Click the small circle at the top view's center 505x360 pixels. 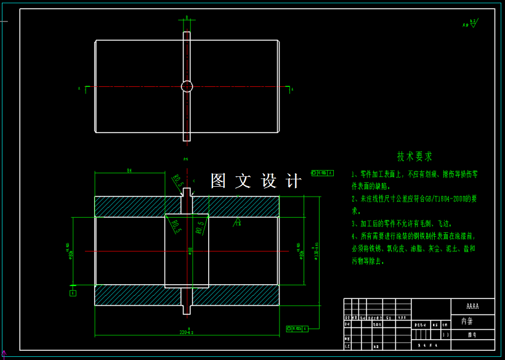187,86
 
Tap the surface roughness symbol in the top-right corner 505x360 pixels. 471,23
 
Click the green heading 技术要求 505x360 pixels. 414,157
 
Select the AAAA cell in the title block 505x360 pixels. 472,306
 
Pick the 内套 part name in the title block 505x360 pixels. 467,321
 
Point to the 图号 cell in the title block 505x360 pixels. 472,335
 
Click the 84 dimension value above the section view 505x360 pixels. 130,170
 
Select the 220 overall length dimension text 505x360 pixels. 186,332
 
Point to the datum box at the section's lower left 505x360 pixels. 73,293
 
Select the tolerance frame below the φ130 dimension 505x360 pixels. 298,329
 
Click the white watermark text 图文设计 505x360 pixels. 256,181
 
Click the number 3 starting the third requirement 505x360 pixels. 353,224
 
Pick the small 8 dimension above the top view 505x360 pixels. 187,18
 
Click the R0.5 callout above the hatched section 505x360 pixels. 178,180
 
